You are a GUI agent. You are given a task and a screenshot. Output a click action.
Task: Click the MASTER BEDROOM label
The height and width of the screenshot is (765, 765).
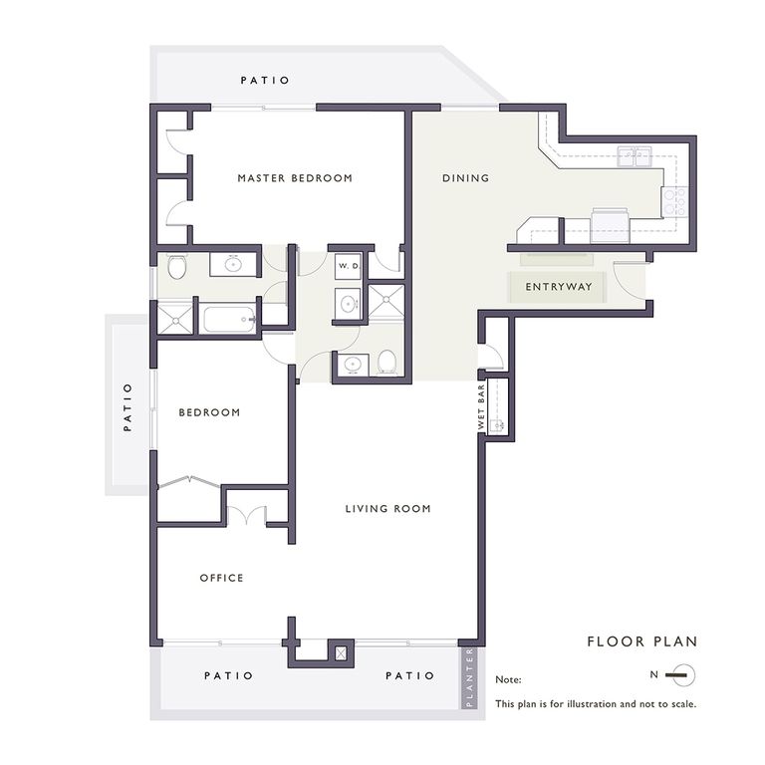point(295,178)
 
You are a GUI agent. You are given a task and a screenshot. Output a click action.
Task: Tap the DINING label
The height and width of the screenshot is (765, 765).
point(465,178)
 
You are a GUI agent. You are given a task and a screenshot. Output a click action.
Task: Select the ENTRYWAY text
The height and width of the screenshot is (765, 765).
point(558,287)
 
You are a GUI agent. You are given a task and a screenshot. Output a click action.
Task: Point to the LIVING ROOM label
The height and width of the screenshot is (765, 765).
point(387,509)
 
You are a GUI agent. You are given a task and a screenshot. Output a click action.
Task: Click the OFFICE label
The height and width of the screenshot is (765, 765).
point(221,578)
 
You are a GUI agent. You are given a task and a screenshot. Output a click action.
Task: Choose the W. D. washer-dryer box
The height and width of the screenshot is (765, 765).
point(348,266)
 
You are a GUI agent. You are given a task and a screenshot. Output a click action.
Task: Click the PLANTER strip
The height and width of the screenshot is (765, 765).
point(469,678)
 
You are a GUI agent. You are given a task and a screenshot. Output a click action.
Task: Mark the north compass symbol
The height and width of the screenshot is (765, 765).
point(678,675)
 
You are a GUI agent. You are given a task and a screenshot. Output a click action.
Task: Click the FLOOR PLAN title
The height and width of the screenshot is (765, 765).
point(642,641)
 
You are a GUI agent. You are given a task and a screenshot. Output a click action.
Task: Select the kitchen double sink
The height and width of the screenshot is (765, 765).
point(634,156)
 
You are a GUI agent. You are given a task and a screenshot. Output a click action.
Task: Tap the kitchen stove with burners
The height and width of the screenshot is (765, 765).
point(676,202)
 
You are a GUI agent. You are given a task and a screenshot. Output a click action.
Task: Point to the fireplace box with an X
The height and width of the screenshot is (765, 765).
point(342,654)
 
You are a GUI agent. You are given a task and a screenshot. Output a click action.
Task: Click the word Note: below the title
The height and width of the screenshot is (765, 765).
point(509,680)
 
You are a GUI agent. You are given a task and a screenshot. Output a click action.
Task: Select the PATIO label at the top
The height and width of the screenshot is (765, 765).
point(265,80)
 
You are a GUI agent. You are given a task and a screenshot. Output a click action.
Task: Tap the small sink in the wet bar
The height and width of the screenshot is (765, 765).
point(499,425)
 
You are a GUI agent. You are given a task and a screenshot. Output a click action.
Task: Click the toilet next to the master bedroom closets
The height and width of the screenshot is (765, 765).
point(177,267)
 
